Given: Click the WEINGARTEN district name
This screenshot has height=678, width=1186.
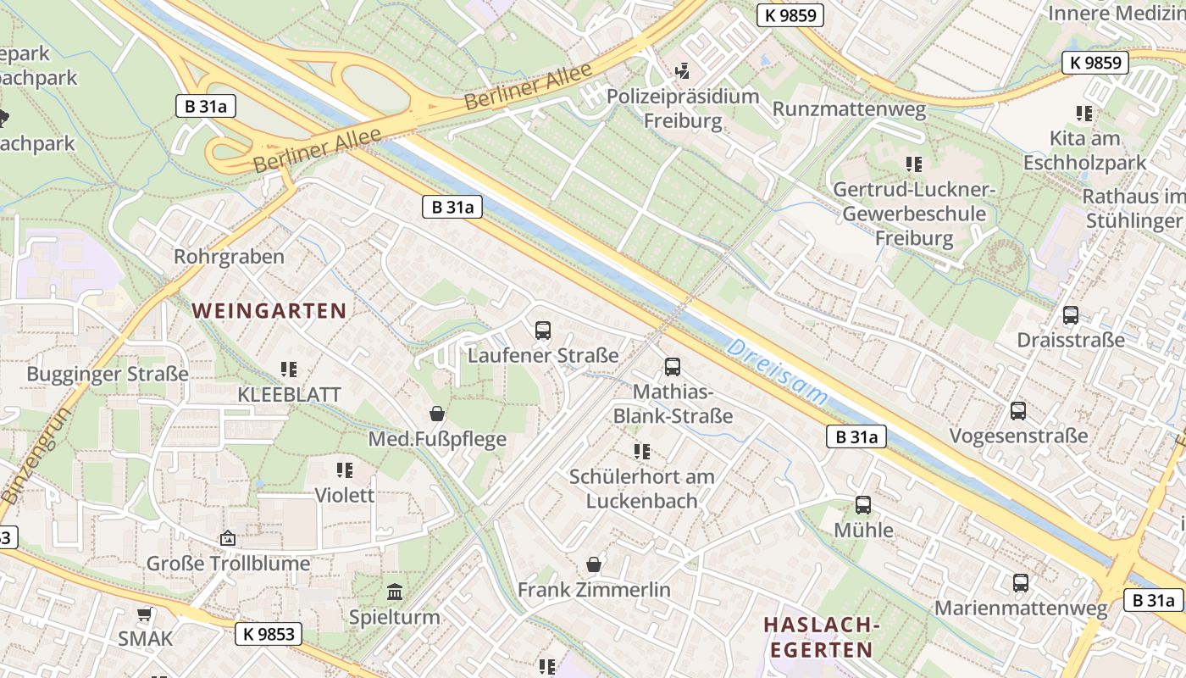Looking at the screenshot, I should tap(269, 311).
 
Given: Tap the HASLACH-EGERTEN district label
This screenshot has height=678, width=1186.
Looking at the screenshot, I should tap(817, 637).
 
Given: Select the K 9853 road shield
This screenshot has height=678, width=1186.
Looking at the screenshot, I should tap(268, 634).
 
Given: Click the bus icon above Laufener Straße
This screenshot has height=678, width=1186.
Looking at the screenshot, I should tap(543, 331).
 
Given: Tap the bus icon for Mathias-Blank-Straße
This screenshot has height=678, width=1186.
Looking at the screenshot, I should tap(673, 367).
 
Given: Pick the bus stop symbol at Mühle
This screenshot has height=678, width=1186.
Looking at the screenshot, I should tap(863, 505).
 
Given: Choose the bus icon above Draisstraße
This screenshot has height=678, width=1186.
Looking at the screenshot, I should tap(1071, 315).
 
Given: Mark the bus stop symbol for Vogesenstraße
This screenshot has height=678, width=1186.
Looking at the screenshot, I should tap(1018, 411).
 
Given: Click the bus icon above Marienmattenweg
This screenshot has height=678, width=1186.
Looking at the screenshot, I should tap(1021, 583).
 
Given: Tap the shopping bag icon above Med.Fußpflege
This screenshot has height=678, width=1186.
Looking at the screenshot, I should tap(437, 414).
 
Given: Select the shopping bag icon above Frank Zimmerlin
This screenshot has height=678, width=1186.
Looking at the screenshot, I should tap(594, 564).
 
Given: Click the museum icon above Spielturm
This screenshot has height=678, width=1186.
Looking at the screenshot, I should tap(395, 592).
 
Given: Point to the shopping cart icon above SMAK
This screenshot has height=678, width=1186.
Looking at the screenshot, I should tap(145, 614).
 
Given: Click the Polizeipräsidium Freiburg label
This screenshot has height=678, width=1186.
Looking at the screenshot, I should tap(683, 108).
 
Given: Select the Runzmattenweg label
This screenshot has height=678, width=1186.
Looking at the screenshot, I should tap(849, 110).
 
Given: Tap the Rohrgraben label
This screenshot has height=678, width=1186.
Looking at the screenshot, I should tap(229, 257).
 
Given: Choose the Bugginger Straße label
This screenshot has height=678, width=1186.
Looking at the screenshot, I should tap(108, 374).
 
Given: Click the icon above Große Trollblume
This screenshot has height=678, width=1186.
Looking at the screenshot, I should tap(228, 538).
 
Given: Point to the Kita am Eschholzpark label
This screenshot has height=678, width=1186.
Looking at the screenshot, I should tap(1084, 150).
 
